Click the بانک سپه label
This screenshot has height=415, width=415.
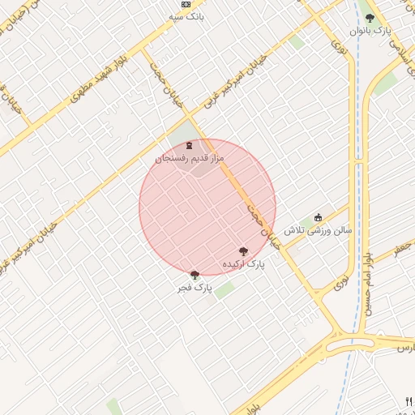tap(186, 16)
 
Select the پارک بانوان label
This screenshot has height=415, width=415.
tap(371, 30)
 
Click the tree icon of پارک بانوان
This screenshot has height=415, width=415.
tap(370, 17)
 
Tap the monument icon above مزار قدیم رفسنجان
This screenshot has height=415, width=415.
tap(189, 146)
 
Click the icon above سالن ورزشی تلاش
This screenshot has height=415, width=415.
tap(318, 217)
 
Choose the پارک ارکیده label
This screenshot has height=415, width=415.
tap(244, 264)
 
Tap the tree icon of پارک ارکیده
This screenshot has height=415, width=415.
tap(244, 251)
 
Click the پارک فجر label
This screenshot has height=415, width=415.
tap(195, 288)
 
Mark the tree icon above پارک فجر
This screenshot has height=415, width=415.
tap(195, 275)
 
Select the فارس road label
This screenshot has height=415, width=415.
tap(404, 347)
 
